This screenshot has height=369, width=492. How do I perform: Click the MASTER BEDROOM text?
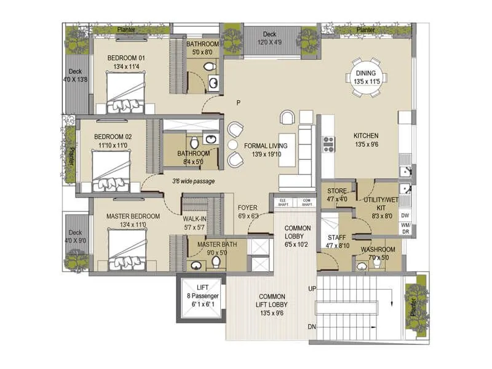pos(133,216)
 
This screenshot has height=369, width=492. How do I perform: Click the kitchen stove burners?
pos(328,144)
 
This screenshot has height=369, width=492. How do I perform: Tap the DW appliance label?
pos(405,216)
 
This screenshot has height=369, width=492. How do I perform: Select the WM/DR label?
pos(405,229)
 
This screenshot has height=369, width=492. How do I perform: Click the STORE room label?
pos(336,191)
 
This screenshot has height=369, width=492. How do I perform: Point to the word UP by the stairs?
pos(312,289)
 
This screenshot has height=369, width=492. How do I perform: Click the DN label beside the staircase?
pos(312,327)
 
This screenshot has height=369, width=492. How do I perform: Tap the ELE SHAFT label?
pos(284,202)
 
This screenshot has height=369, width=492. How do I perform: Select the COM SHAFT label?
pos(306,202)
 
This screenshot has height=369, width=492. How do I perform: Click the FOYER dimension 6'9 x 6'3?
pos(247,216)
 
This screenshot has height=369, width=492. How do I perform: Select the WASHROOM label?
pos(378,250)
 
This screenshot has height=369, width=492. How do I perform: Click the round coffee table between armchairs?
pos(232,144)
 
